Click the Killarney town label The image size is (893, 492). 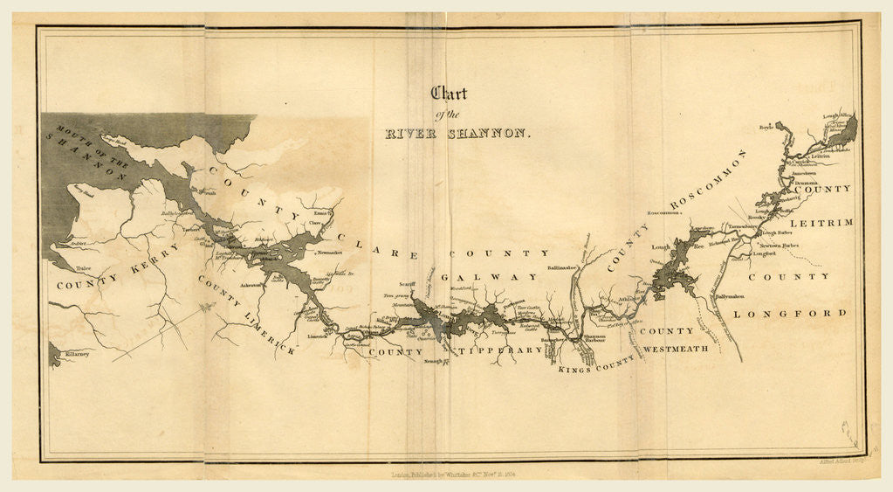point(77,355)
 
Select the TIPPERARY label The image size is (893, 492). point(500,350)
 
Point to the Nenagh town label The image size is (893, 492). point(435,360)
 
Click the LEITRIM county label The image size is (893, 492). point(827,224)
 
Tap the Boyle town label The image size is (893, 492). point(766,127)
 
